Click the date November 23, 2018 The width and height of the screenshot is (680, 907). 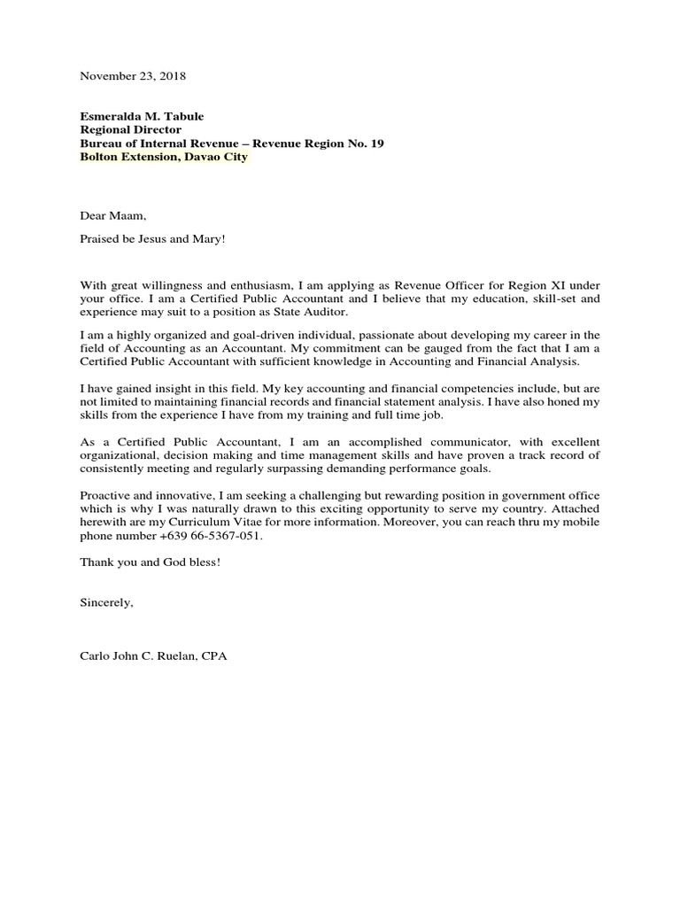pos(133,76)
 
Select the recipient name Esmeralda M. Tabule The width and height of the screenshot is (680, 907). pos(147,116)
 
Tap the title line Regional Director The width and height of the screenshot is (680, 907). pos(131,129)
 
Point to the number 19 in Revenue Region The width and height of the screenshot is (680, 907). pos(377,143)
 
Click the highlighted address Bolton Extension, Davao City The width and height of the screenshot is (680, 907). pos(164,157)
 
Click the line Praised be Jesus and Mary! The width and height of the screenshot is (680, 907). pos(154,237)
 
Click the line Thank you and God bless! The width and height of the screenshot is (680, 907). pos(150,562)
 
